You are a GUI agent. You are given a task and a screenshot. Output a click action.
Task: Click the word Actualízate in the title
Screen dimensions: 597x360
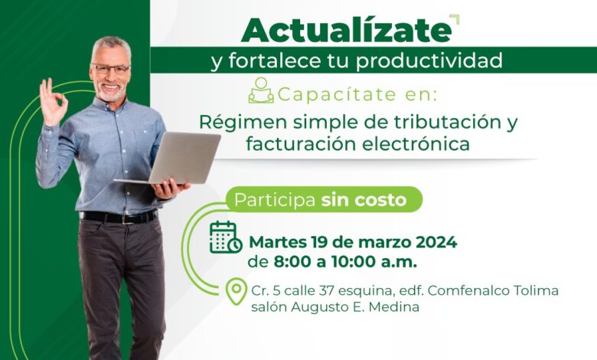coord(347,30)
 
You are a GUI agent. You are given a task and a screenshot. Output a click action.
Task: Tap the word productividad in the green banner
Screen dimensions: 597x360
coord(429,61)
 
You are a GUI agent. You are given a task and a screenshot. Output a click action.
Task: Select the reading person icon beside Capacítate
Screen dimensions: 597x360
coord(261,90)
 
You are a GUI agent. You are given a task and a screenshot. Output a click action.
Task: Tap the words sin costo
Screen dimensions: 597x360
coord(364,200)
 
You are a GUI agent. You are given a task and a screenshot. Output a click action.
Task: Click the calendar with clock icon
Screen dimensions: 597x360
coord(225,237)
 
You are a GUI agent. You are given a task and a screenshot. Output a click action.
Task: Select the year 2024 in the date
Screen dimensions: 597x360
coord(436,242)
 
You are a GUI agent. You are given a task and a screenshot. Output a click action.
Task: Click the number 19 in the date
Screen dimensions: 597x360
coord(319,242)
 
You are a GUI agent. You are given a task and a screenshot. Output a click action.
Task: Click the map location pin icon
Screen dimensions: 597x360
coord(236,291)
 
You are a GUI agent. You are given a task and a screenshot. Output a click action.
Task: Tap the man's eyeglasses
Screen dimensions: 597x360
coord(110,69)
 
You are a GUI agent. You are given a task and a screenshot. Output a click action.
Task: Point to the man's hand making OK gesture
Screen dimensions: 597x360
coord(53,102)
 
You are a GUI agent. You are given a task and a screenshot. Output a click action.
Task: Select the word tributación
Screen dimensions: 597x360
coord(447,122)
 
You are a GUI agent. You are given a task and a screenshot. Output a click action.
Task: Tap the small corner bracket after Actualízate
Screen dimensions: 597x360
coord(455,19)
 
